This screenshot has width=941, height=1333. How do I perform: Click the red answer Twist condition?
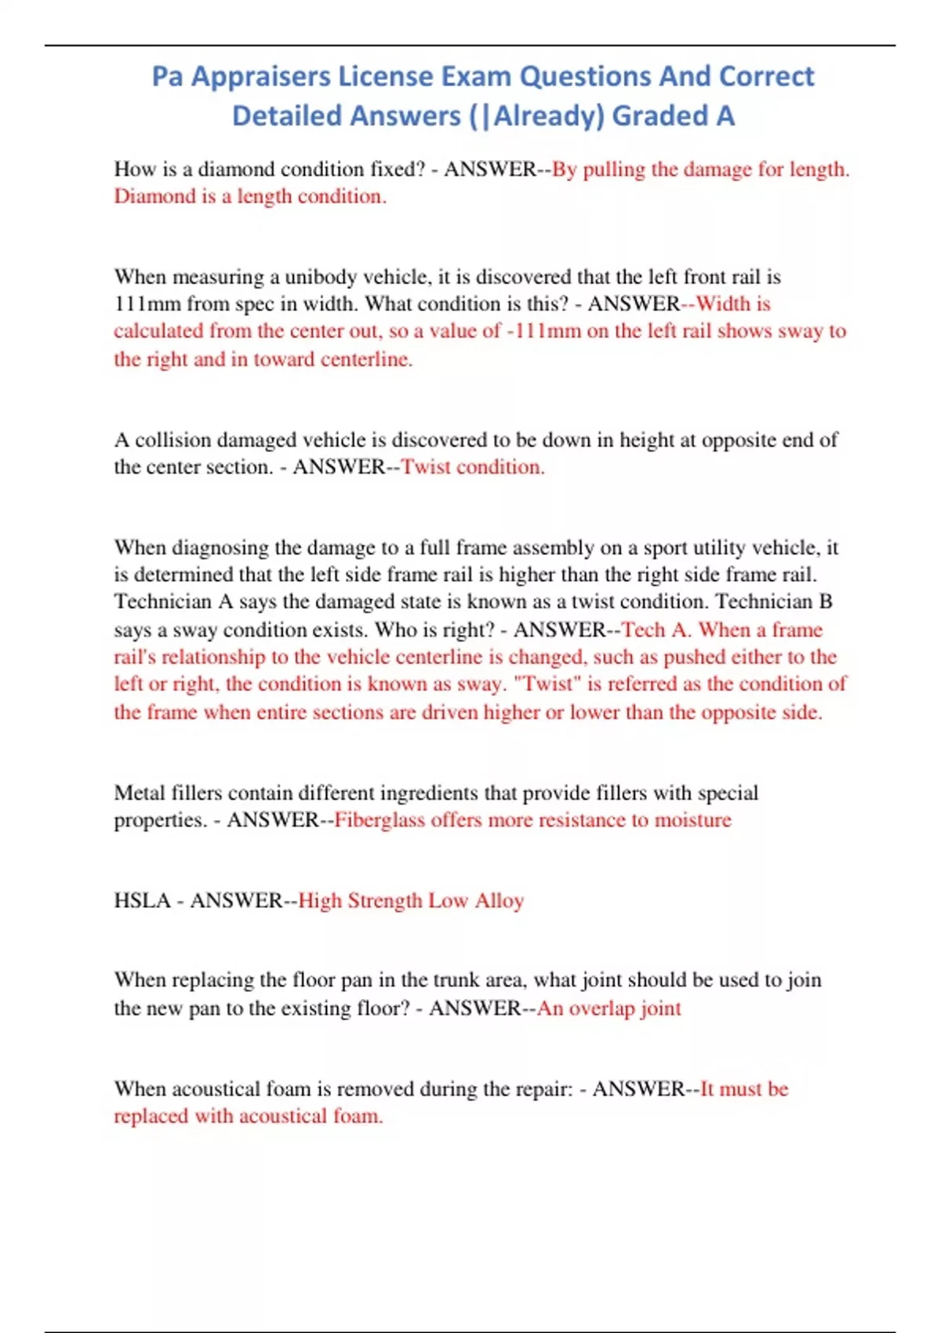pyautogui.click(x=473, y=467)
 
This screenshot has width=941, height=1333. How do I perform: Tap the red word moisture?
pyautogui.click(x=693, y=820)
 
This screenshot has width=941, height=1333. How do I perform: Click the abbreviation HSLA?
pyautogui.click(x=142, y=900)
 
